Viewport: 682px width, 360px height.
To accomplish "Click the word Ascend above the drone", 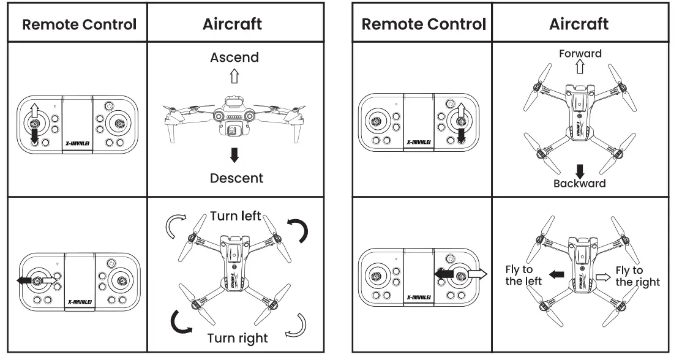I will (x=234, y=58).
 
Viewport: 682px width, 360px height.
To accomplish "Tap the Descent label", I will (x=236, y=178).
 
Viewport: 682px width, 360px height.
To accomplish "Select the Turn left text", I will (x=235, y=216).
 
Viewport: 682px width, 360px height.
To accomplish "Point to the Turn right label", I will (x=237, y=337).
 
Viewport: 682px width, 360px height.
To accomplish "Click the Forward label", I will (x=580, y=53).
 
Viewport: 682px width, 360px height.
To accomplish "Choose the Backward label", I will (x=579, y=183).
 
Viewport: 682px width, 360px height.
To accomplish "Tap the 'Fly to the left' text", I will (x=522, y=276).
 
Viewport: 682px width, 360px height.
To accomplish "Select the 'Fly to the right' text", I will (x=637, y=276).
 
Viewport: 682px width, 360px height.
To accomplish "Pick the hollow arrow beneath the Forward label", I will (x=580, y=67).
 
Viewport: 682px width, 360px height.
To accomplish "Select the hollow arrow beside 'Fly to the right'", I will (x=604, y=277).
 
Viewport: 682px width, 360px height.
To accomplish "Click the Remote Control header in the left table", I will (x=79, y=24).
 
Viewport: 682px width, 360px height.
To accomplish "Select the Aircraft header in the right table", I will (x=579, y=24).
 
